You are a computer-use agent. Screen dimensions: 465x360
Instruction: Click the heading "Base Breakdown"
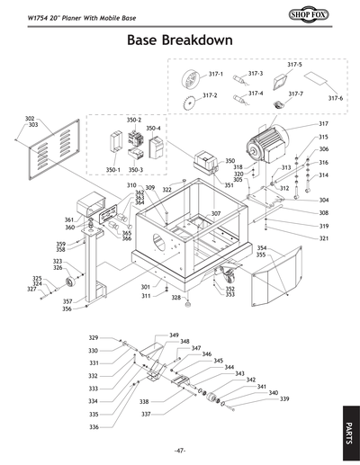(x=180, y=40)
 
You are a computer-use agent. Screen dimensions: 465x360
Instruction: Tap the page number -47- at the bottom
(x=180, y=450)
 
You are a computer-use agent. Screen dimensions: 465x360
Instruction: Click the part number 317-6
(x=335, y=98)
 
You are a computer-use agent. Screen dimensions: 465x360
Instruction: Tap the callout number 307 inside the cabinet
(x=216, y=214)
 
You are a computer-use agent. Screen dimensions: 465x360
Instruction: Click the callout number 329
(x=93, y=338)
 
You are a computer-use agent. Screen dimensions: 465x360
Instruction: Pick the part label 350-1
(x=112, y=168)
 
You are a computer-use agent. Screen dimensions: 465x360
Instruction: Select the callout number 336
(x=93, y=427)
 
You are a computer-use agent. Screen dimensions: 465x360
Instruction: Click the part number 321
(x=323, y=238)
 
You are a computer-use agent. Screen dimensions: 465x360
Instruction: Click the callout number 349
(x=174, y=335)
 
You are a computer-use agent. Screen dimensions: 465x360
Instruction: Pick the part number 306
(x=323, y=149)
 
